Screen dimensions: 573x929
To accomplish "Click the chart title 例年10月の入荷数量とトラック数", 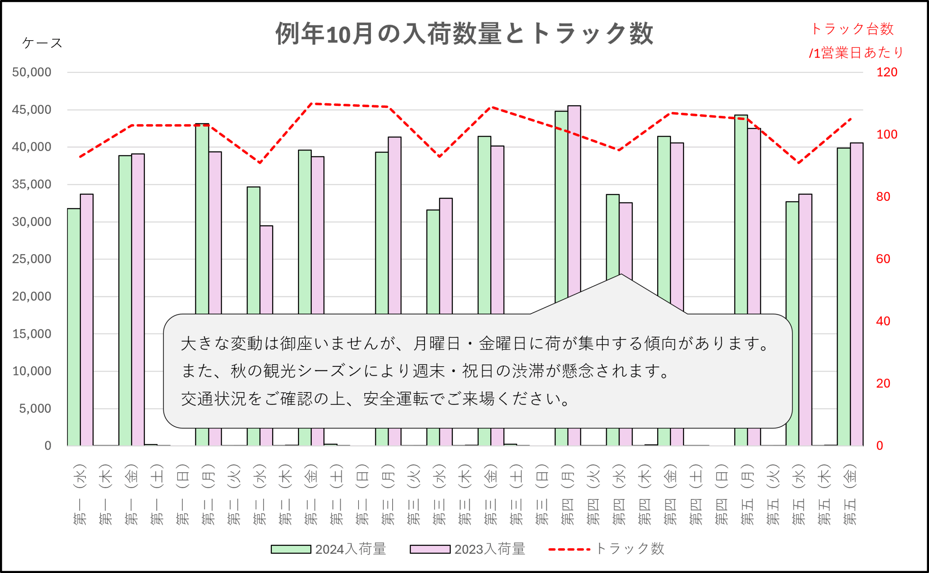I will [464, 33].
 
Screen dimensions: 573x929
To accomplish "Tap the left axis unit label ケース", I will [42, 43].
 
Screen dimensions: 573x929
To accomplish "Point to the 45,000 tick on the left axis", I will [32, 110].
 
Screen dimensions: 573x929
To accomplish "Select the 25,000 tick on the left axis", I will [32, 259].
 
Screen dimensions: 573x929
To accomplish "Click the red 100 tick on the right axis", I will [887, 135].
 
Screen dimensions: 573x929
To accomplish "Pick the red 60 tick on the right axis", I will [883, 259].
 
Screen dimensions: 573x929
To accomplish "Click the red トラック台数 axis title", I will [852, 29].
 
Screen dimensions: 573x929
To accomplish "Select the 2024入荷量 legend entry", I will [328, 549].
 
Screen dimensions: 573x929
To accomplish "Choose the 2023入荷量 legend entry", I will [467, 549].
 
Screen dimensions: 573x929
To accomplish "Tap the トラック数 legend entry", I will [607, 549].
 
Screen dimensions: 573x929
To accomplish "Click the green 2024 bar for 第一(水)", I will [74, 326].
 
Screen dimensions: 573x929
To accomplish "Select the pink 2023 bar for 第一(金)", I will [138, 300].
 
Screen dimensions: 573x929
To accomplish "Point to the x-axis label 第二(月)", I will [208, 495].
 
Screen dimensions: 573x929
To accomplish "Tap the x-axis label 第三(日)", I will [542, 495].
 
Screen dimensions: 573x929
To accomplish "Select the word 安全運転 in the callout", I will [396, 399].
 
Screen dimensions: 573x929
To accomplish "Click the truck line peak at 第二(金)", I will [311, 103].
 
